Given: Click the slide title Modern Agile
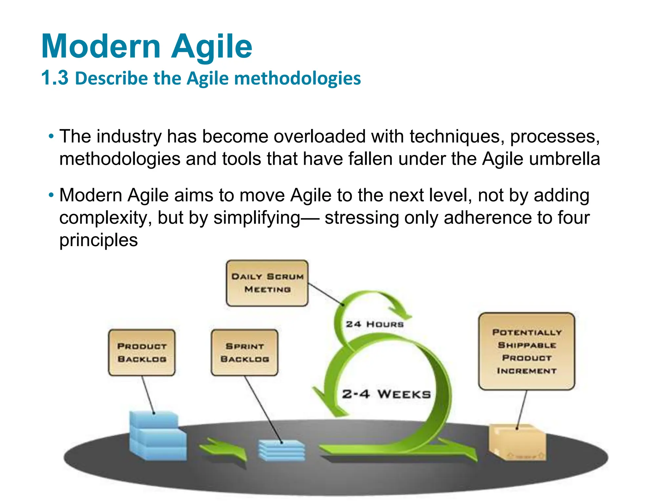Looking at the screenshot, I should click(x=147, y=47).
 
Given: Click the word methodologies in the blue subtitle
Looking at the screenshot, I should click(x=297, y=79).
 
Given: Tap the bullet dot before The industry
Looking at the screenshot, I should click(x=51, y=136).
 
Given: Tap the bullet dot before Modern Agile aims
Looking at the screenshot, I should click(x=51, y=195).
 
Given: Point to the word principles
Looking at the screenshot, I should click(x=98, y=240).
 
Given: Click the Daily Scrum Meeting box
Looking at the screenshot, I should click(x=267, y=283).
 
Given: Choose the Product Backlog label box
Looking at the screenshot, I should click(x=142, y=353).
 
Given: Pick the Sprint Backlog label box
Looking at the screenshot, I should click(x=244, y=353).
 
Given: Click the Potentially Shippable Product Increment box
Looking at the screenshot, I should click(x=526, y=351).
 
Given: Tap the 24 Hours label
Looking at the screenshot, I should click(x=374, y=324).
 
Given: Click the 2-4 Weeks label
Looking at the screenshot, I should click(x=386, y=394).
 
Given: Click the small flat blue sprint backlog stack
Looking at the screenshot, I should click(x=282, y=451).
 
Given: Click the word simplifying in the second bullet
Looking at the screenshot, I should click(x=257, y=218).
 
